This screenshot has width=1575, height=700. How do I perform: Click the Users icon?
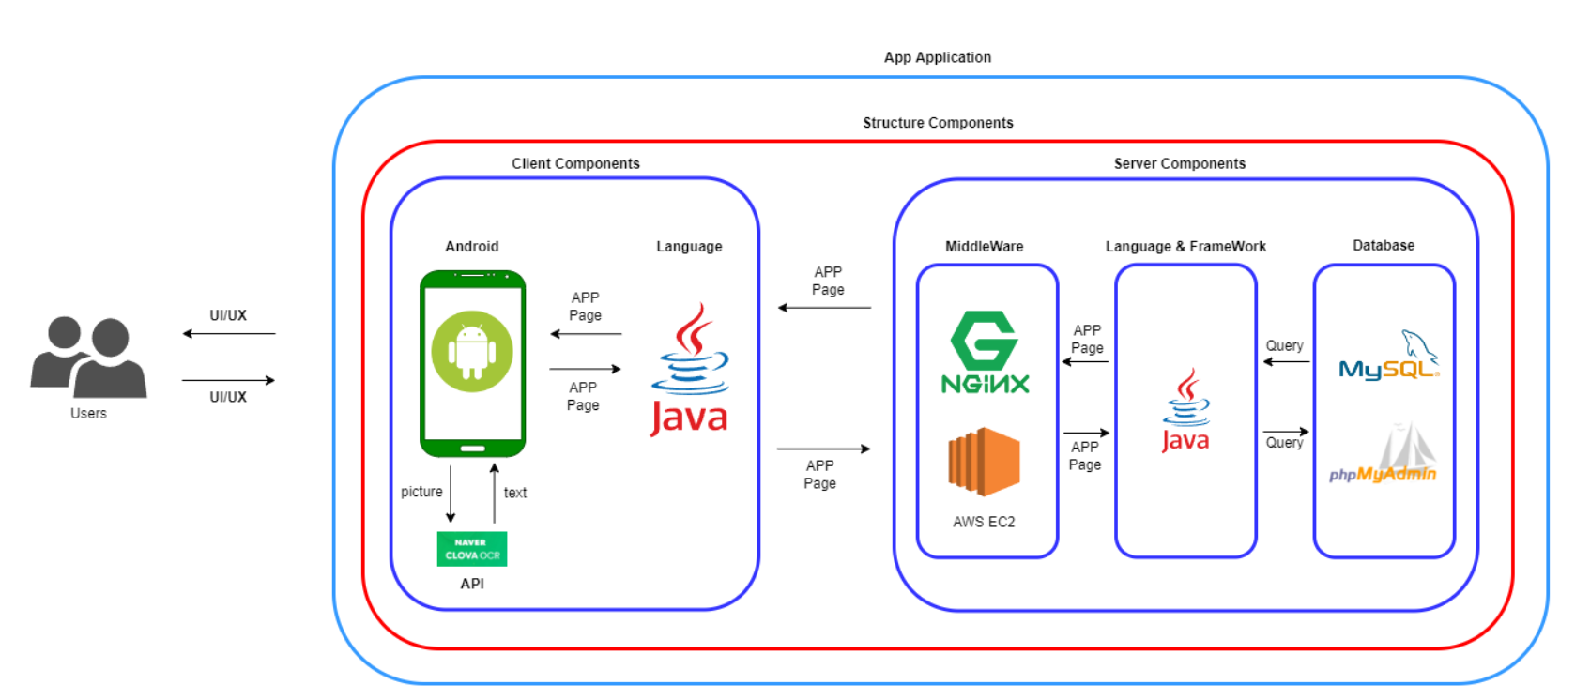click(x=88, y=358)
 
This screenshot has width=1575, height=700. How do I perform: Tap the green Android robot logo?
click(x=472, y=351)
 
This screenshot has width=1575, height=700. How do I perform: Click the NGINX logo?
click(x=985, y=353)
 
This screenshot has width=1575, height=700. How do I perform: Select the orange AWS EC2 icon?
click(x=984, y=461)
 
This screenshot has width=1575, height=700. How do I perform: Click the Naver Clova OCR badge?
click(x=472, y=549)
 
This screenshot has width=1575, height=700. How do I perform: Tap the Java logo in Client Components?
click(x=690, y=370)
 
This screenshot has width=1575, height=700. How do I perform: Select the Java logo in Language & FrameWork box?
click(x=1185, y=411)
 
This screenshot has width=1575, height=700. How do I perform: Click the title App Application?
click(x=937, y=57)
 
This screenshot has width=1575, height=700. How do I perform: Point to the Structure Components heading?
click(x=938, y=123)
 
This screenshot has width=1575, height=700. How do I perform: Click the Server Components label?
click(x=1179, y=163)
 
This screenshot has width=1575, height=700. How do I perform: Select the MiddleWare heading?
click(x=984, y=246)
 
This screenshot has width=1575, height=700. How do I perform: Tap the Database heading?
click(x=1383, y=245)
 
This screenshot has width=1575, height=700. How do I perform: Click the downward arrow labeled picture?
click(x=451, y=493)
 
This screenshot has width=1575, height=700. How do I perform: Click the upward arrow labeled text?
click(x=495, y=493)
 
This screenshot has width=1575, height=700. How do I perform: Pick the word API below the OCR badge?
click(x=472, y=584)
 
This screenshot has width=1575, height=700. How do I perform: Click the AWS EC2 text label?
click(x=984, y=522)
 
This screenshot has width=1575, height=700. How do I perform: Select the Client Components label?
click(x=575, y=163)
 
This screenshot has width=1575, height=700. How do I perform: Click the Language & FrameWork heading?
click(x=1185, y=246)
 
